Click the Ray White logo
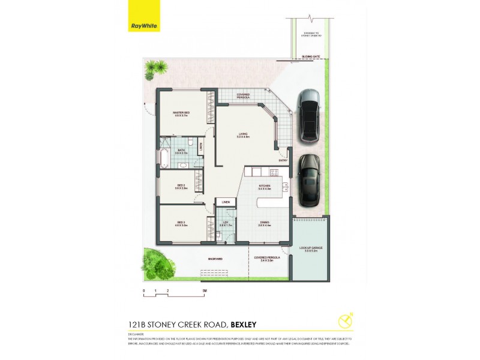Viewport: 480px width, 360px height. click(144, 26)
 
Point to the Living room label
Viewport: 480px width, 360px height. click(242, 136)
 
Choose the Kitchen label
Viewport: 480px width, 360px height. click(264, 186)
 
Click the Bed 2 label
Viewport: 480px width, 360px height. click(182, 187)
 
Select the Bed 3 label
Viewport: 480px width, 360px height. click(182, 224)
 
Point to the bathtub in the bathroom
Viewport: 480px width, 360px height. click(164, 158)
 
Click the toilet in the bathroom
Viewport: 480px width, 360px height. click(190, 142)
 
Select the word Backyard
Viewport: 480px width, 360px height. click(215, 259)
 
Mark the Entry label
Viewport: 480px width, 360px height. click(283, 160)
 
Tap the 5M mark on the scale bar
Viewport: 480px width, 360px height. click(205, 290)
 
